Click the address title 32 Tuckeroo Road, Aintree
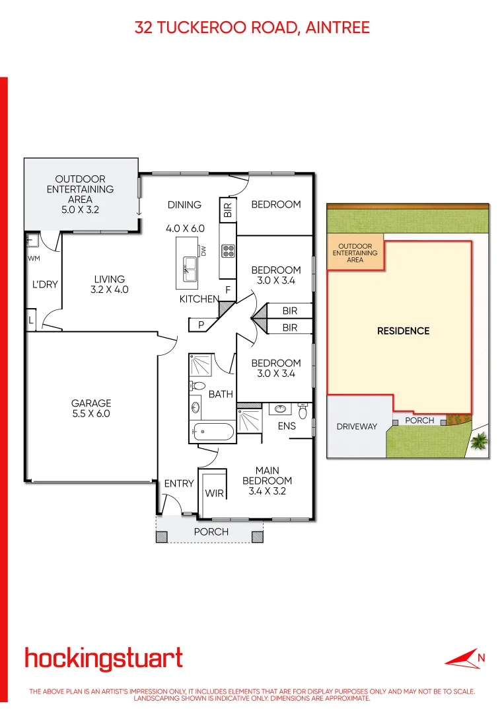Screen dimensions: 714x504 [x=252, y=27]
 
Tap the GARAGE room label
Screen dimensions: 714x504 [x=91, y=409]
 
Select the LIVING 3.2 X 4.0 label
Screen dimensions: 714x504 [x=109, y=284]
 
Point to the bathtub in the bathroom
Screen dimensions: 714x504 [x=212, y=432]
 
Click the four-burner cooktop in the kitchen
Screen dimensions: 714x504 [x=229, y=251]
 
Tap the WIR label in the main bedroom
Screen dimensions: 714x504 [x=214, y=493]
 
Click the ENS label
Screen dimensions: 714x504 [x=287, y=426]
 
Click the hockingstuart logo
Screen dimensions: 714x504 [x=104, y=658]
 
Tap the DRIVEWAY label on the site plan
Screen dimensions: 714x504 [x=357, y=426]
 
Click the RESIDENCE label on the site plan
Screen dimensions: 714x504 [x=403, y=331]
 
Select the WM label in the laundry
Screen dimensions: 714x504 [x=34, y=258]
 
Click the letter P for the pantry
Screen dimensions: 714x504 [x=201, y=325]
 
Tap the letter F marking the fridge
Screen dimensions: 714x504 [x=228, y=290]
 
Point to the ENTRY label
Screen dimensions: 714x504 [x=179, y=483]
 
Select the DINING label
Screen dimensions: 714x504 [x=184, y=205]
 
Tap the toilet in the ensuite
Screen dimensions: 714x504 [x=303, y=413]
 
